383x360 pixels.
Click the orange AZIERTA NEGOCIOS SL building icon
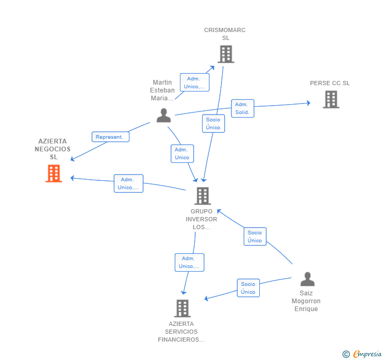(x=54, y=173)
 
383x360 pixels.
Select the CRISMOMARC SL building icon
(x=225, y=54)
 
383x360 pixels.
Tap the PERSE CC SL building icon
(x=330, y=99)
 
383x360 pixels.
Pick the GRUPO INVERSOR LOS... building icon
(x=202, y=196)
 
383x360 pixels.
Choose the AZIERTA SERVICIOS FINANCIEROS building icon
(x=182, y=308)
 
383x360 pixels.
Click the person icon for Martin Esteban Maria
(x=164, y=116)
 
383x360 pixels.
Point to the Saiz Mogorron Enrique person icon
(x=307, y=279)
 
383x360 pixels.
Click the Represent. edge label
(x=110, y=137)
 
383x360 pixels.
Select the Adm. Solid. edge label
(x=242, y=108)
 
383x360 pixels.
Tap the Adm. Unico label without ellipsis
(x=182, y=153)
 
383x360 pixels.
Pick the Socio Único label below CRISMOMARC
(x=213, y=124)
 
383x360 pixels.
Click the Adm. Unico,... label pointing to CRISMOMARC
(x=195, y=83)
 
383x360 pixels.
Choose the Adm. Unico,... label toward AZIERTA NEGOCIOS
(x=128, y=183)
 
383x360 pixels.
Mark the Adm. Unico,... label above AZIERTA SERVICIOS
(x=189, y=262)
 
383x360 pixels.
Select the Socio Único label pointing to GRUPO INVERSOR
(x=255, y=236)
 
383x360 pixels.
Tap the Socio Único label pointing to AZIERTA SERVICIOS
(x=248, y=288)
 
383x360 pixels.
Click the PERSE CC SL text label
(x=330, y=83)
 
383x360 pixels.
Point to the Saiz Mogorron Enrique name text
(x=306, y=301)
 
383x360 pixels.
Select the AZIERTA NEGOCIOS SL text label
(x=53, y=149)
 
